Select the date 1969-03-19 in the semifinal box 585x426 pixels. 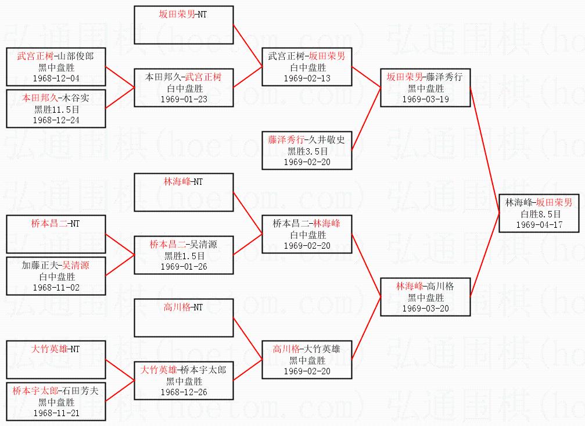click(425, 99)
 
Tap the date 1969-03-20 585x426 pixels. click(425, 309)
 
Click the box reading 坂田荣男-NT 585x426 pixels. click(184, 25)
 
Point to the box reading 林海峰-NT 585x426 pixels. click(184, 192)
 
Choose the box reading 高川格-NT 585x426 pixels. click(184, 317)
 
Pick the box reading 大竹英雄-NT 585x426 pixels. click(56, 360)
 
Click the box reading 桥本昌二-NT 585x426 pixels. click(56, 233)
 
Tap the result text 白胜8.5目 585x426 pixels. click(541, 214)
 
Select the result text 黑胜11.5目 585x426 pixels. click(56, 109)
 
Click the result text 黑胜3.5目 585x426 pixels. click(307, 151)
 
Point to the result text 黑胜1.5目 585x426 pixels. click(184, 256)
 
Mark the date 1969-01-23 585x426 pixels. click(184, 99)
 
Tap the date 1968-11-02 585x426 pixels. click(56, 287)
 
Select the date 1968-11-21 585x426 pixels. click(56, 413)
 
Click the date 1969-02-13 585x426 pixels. click(307, 78)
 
